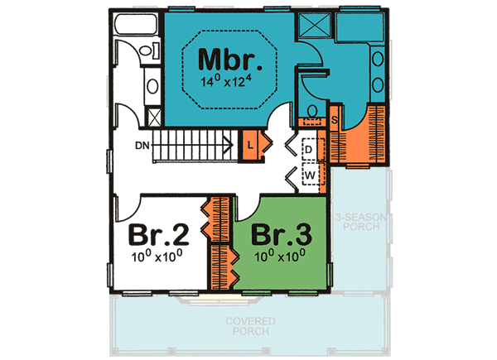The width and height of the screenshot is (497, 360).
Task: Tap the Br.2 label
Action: tap(162, 234)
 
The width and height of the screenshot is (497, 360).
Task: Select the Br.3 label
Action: tap(280, 234)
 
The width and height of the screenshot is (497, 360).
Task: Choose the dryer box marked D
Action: tap(309, 149)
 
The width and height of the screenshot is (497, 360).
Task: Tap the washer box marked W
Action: tap(309, 175)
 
